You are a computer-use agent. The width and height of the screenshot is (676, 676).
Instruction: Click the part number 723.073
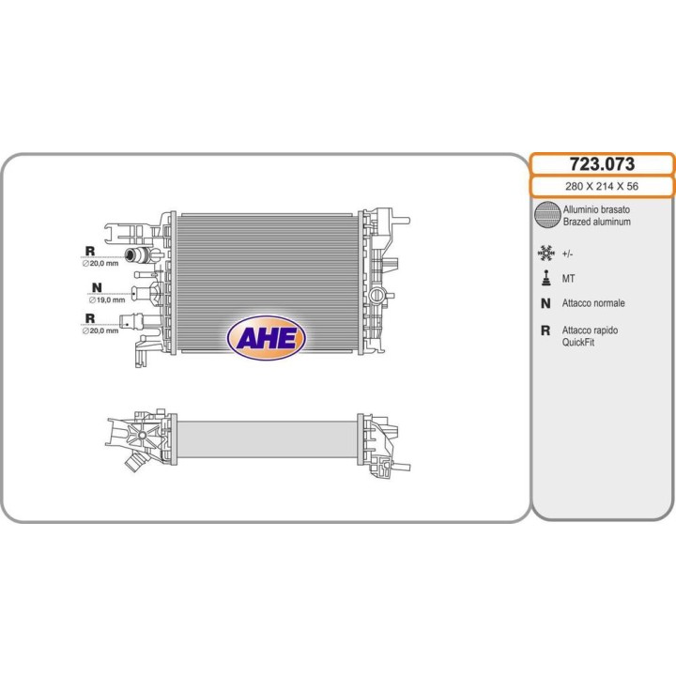tap(602, 164)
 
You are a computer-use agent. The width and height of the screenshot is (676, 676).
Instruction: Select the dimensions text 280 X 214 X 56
tap(602, 186)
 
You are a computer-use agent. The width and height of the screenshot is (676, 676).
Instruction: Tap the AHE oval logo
tap(266, 338)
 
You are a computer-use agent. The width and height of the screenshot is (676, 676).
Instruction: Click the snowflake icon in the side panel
tap(546, 253)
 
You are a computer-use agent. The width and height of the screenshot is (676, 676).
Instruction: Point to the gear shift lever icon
tap(546, 278)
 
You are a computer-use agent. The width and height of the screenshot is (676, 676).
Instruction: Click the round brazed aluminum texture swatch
tap(547, 214)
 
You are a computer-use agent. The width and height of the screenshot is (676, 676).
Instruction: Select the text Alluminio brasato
tap(596, 209)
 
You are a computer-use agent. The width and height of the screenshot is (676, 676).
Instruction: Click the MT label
tap(568, 279)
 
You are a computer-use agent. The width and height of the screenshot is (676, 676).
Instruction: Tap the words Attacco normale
tap(593, 303)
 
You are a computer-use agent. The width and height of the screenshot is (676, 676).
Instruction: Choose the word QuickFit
tap(578, 343)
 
